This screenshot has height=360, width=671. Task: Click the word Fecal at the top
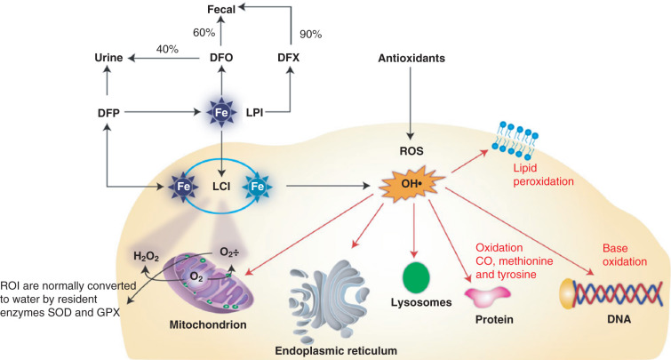coord(221,10)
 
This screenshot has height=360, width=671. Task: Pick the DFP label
coord(108,113)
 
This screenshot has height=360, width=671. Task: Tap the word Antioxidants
coord(411,58)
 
